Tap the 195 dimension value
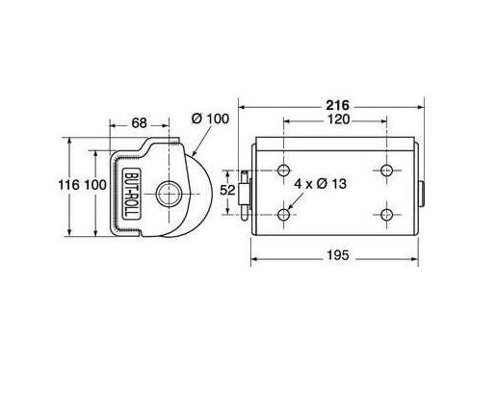[334, 255]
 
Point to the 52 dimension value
[229, 190]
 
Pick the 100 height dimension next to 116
[93, 184]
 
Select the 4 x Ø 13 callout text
[324, 181]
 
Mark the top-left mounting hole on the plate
[283, 171]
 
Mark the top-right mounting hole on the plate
[386, 171]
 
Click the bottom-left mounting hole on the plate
[283, 213]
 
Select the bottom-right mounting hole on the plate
[386, 213]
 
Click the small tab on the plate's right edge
[422, 191]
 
